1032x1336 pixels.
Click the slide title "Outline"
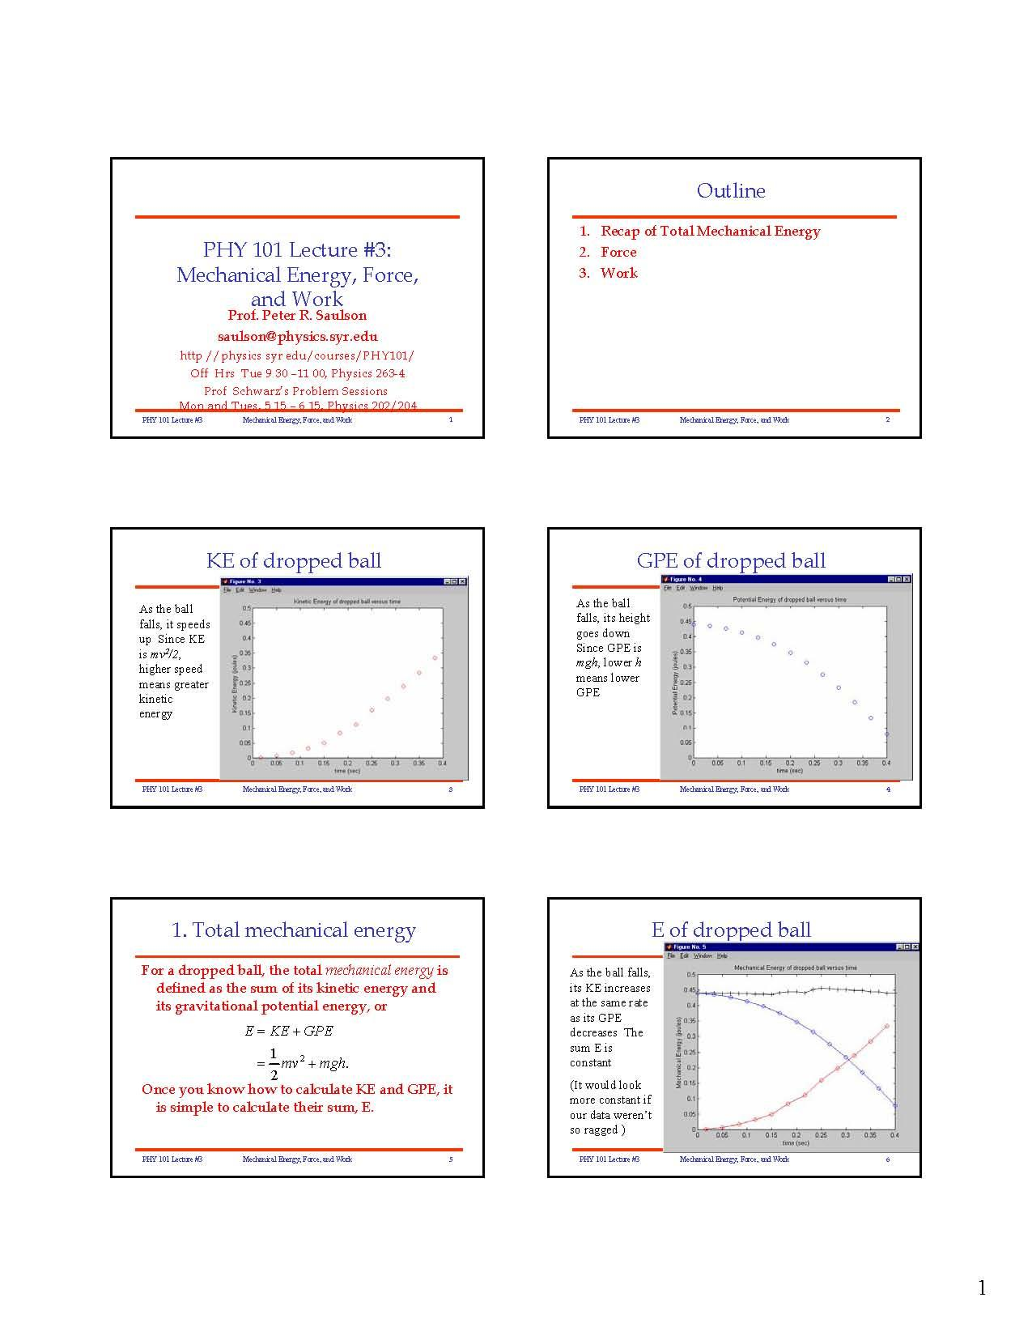point(731,191)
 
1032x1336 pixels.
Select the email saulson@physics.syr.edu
point(297,336)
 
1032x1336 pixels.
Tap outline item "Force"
point(618,252)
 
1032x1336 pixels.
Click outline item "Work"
point(618,273)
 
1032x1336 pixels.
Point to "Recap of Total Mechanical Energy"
point(710,231)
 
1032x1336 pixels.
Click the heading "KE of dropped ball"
point(294,560)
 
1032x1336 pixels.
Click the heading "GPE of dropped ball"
point(731,560)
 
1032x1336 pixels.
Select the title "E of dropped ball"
point(731,930)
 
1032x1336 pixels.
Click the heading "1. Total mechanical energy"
point(294,930)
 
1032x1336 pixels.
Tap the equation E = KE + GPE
point(289,1031)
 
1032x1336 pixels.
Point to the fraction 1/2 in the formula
point(274,1064)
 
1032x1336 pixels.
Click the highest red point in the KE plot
point(435,657)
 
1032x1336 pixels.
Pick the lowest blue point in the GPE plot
point(886,734)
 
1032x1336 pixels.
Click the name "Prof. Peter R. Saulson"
point(297,315)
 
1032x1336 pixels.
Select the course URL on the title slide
point(297,355)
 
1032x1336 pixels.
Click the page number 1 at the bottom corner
point(982,1288)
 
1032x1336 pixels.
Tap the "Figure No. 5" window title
point(689,947)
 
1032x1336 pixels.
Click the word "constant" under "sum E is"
point(590,1062)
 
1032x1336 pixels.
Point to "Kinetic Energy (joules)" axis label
point(235,683)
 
